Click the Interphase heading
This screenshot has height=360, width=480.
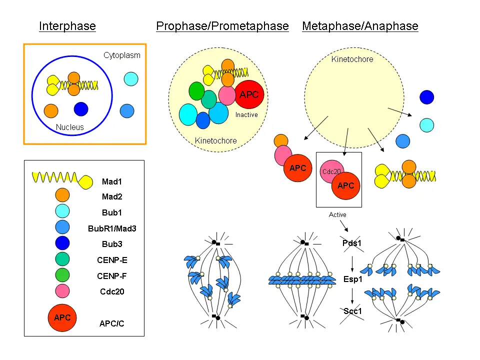pyautogui.click(x=67, y=26)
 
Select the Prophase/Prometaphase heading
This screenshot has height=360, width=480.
pyautogui.click(x=222, y=26)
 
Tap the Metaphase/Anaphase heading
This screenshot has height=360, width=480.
pyautogui.click(x=360, y=26)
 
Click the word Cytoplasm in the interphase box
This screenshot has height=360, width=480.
pyautogui.click(x=122, y=55)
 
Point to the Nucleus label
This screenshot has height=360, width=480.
pyautogui.click(x=70, y=127)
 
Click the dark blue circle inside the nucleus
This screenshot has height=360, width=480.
pyautogui.click(x=81, y=109)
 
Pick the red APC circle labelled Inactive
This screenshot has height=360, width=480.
pyautogui.click(x=249, y=94)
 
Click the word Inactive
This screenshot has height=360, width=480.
pyautogui.click(x=246, y=115)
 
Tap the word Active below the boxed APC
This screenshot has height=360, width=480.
pyautogui.click(x=337, y=214)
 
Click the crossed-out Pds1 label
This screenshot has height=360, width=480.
pyautogui.click(x=352, y=243)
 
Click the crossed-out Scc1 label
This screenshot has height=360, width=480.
pyautogui.click(x=352, y=311)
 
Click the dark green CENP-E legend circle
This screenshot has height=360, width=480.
pyautogui.click(x=62, y=259)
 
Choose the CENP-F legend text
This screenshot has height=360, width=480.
pyautogui.click(x=112, y=275)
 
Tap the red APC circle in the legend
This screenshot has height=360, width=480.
pyautogui.click(x=62, y=317)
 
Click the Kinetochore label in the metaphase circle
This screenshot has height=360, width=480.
pyautogui.click(x=352, y=59)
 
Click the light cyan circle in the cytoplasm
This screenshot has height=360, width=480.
pyautogui.click(x=130, y=79)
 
